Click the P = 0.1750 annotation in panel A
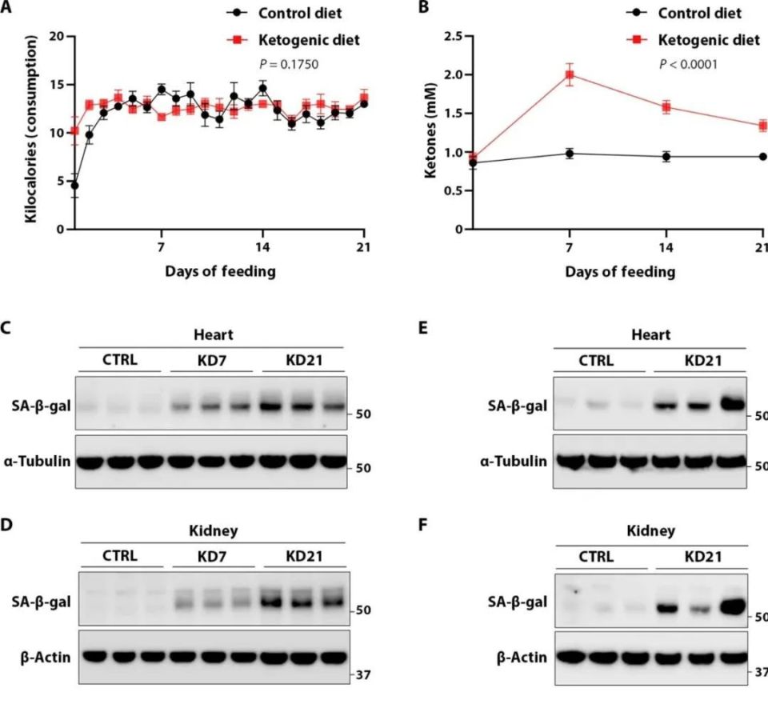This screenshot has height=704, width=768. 289,64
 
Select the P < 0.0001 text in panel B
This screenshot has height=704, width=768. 688,64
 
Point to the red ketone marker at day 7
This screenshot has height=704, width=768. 569,74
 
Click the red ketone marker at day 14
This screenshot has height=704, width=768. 666,107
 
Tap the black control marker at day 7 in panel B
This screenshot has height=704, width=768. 569,154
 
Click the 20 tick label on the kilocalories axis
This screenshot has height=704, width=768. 57,37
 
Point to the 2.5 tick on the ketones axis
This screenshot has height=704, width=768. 454,37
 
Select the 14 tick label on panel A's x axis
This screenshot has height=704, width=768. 262,247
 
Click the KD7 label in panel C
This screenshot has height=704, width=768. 212,361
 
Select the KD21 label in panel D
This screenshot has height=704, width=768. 304,557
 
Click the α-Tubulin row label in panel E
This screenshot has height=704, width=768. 514,462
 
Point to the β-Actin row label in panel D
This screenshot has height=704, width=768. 46,658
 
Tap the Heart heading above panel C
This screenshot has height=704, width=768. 213,335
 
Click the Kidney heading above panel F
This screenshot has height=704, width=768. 651,531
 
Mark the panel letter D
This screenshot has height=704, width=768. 6,525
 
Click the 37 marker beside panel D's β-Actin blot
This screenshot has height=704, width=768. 363,674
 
